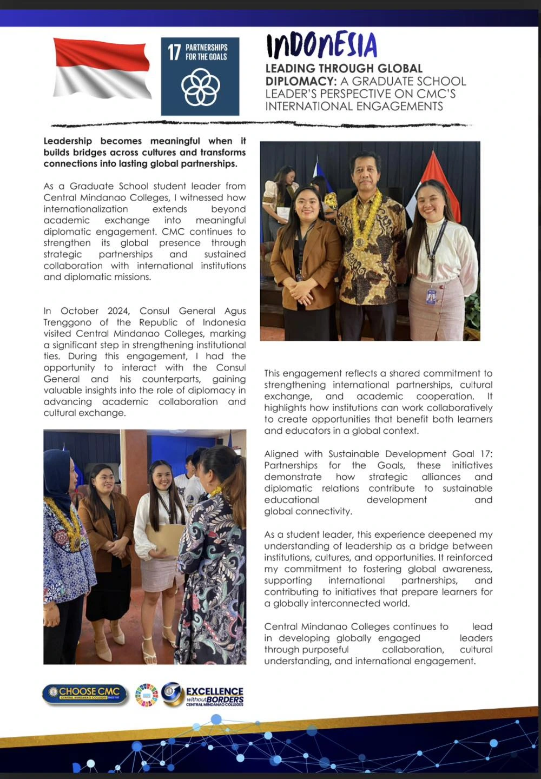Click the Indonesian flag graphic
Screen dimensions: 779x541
coord(102,69)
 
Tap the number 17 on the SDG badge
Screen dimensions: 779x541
coord(174,52)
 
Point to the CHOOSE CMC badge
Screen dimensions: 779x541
coord(84,694)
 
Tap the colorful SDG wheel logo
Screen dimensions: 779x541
coord(146,695)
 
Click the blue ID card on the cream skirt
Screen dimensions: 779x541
coord(431,296)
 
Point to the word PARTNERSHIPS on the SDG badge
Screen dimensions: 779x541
coord(206,48)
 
